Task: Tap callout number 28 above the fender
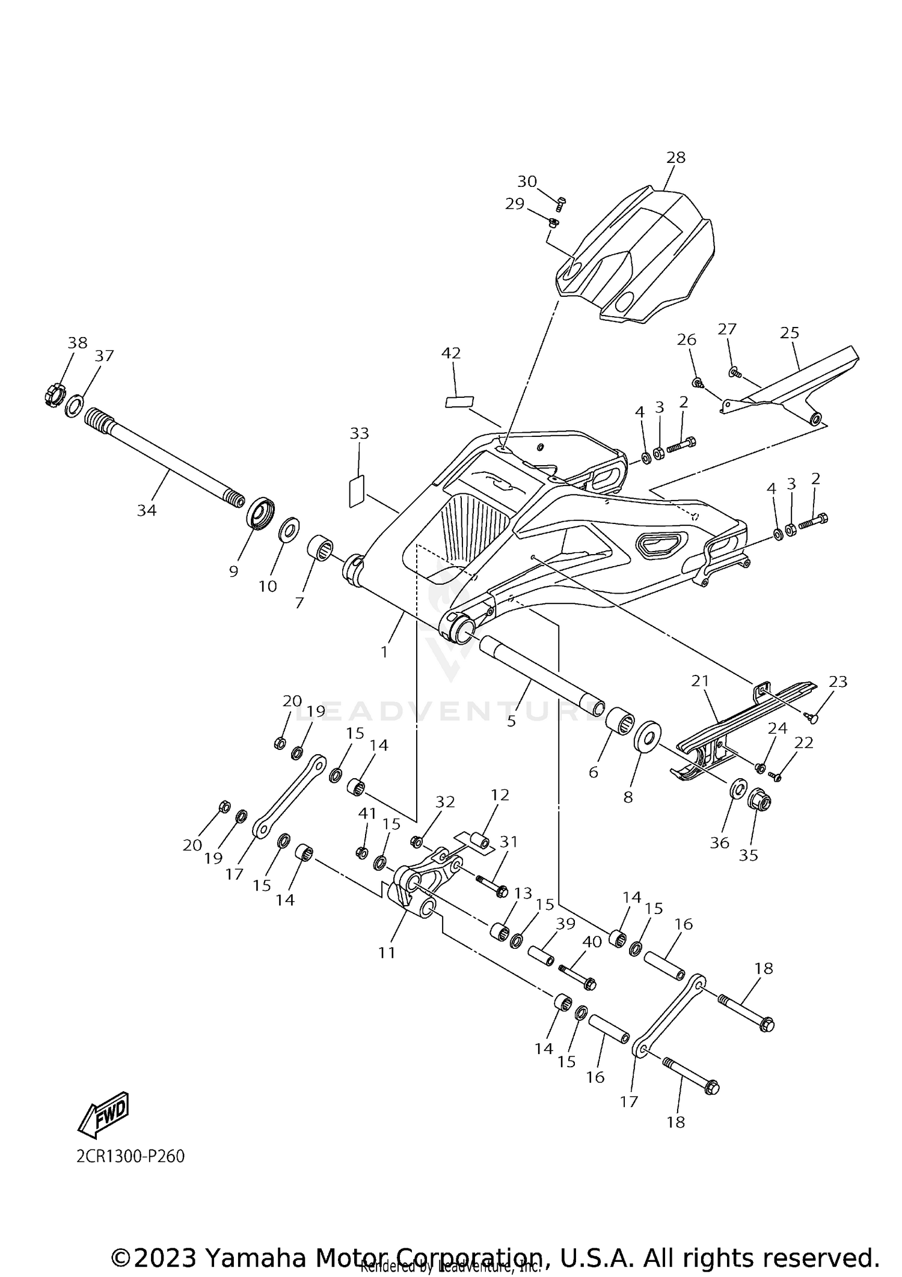(x=675, y=157)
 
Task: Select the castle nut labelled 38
(x=55, y=395)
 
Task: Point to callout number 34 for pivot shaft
(x=147, y=510)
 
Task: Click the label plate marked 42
(x=459, y=401)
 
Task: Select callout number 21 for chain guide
(x=700, y=681)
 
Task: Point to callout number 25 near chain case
(x=790, y=332)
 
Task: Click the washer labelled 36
(x=737, y=790)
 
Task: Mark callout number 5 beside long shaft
(x=511, y=721)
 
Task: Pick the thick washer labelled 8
(x=648, y=736)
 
